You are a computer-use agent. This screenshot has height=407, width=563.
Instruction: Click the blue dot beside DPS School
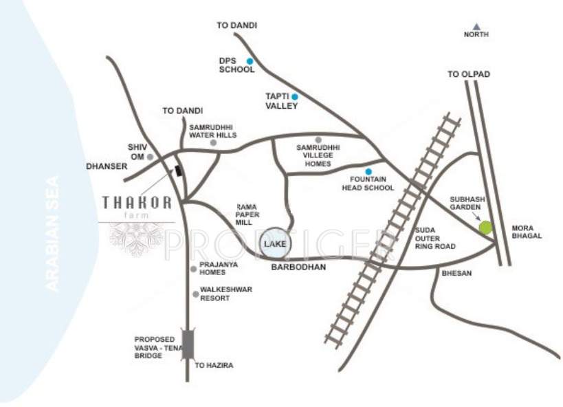(x=250, y=61)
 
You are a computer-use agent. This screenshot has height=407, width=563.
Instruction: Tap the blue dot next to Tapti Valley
(x=295, y=96)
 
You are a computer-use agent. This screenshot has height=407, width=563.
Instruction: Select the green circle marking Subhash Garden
(x=486, y=228)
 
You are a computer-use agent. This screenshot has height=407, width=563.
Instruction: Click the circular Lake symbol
(x=278, y=243)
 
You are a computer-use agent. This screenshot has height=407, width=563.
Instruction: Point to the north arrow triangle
(x=476, y=26)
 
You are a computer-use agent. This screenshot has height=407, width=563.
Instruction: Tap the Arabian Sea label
(x=52, y=234)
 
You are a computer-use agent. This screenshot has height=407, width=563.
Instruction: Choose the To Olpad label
(x=469, y=74)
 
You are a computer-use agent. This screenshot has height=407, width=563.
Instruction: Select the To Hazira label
(x=214, y=365)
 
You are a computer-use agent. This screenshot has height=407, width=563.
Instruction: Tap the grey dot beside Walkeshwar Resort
(x=196, y=294)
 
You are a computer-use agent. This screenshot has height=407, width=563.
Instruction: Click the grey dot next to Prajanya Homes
(x=194, y=268)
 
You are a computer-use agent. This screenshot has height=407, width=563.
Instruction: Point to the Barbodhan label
(x=298, y=265)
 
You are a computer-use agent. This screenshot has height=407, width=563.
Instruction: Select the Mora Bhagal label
(x=527, y=231)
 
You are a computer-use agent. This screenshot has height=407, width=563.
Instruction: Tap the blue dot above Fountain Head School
(x=368, y=171)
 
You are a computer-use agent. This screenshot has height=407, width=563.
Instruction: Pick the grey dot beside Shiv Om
(x=150, y=157)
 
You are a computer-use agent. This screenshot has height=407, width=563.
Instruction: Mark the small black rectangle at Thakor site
(x=179, y=170)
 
